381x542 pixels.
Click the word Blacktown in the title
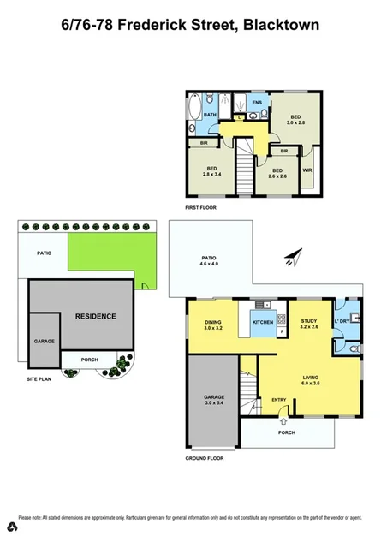point(281,26)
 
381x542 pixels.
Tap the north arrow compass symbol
point(295,256)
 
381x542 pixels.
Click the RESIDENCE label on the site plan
point(95,316)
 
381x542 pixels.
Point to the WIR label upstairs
point(307,170)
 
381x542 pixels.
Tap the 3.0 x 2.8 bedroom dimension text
point(296,123)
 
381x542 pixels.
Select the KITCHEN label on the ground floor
point(262,322)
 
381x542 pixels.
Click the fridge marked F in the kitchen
point(281,331)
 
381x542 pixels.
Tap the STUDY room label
point(309,321)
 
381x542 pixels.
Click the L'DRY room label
point(354,321)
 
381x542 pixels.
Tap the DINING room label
point(213,322)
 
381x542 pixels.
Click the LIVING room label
point(310,377)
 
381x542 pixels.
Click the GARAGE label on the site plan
point(44,341)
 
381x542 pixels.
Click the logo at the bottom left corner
point(9,522)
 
